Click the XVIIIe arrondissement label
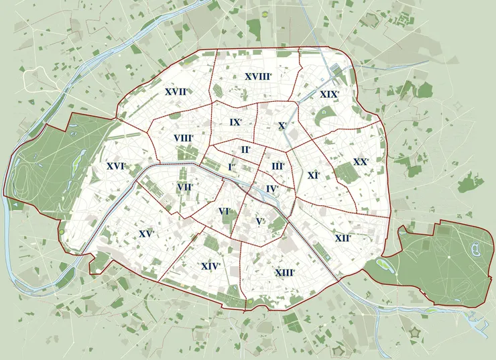pyautogui.click(x=257, y=77)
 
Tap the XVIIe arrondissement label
pyautogui.click(x=176, y=91)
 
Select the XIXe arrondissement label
pyautogui.click(x=329, y=95)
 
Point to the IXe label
pyautogui.click(x=235, y=122)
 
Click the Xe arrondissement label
pyautogui.click(x=282, y=125)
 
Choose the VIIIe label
pyautogui.click(x=183, y=138)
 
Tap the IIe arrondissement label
pyautogui.click(x=246, y=149)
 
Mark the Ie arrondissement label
pyautogui.click(x=231, y=166)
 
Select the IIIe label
pyautogui.click(x=278, y=166)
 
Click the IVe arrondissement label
pyautogui.click(x=271, y=189)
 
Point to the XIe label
pyautogui.click(x=313, y=175)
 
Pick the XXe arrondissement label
pyautogui.click(x=361, y=162)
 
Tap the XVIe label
pyautogui.click(x=116, y=166)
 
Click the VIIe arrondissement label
pyautogui.click(x=186, y=188)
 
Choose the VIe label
pyautogui.click(x=224, y=211)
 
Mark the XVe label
pyautogui.click(x=146, y=234)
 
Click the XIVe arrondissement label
pyautogui.click(x=211, y=266)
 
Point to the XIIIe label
pyautogui.click(x=285, y=273)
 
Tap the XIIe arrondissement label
pyautogui.click(x=343, y=238)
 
